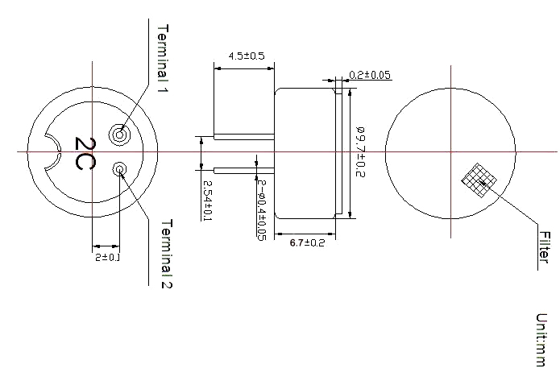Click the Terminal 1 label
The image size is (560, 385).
click(x=163, y=59)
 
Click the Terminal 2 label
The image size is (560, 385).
click(x=167, y=254)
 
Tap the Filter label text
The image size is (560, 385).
click(x=544, y=247)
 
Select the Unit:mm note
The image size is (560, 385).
click(x=541, y=340)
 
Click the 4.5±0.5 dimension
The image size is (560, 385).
click(x=247, y=56)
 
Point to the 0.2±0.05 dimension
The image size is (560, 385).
click(x=370, y=75)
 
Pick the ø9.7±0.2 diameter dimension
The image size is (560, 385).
click(x=360, y=151)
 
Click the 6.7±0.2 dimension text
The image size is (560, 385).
click(x=307, y=243)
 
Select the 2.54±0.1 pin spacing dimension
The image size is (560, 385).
click(x=208, y=201)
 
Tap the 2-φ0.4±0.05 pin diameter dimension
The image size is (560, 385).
click(x=262, y=210)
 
